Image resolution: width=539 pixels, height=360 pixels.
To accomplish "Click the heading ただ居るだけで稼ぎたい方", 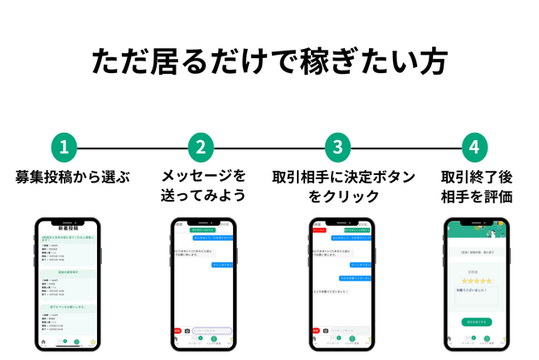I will point(269,63).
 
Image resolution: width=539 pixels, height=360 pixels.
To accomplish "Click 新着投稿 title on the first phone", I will point(68,227).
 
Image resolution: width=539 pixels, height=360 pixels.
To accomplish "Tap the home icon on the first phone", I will point(42,342).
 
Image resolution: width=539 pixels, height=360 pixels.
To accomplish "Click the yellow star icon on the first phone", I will point(93,341).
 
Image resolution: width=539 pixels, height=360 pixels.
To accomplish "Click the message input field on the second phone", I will point(211,331).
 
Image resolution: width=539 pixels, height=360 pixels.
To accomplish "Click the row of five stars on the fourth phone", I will point(477,280).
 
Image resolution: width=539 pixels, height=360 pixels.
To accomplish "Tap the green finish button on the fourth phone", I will point(477,322).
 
